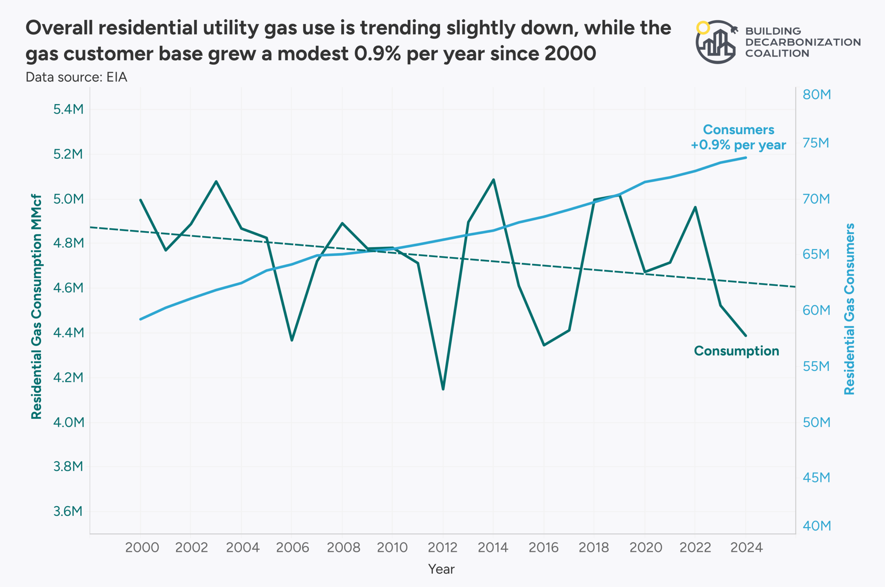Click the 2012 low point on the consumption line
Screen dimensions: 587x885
tap(443, 389)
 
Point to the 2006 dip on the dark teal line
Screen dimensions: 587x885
tap(292, 340)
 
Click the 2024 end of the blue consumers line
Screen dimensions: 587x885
tap(745, 158)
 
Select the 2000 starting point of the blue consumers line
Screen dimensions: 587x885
tap(140, 319)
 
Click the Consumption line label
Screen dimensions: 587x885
tap(736, 351)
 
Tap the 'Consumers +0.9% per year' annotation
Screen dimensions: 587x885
tap(738, 137)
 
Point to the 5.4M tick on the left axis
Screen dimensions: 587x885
tap(68, 109)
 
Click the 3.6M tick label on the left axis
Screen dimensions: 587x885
tap(68, 511)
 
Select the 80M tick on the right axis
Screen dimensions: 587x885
tap(817, 95)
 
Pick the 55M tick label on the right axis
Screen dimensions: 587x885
tap(816, 366)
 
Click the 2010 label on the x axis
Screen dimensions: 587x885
tap(392, 548)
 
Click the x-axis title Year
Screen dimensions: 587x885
tap(441, 569)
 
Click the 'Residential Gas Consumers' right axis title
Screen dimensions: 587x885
tap(849, 309)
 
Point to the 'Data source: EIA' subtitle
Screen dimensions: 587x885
tap(76, 77)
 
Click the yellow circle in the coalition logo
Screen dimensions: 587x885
tap(703, 28)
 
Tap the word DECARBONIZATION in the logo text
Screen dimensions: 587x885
tap(803, 42)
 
